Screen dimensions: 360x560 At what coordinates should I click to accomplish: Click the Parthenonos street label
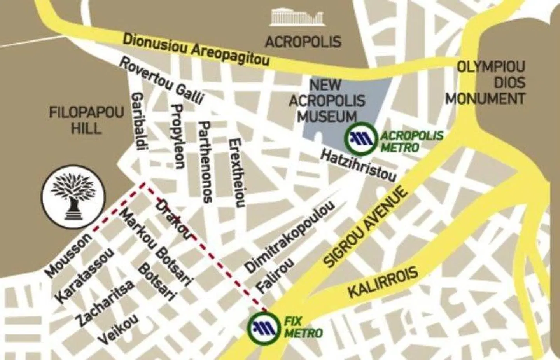pos(205,162)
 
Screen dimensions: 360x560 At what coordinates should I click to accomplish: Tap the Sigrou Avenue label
pos(366,227)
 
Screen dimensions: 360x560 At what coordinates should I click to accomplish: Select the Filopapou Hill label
pos(86,121)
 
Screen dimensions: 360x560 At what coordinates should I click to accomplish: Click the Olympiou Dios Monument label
pos(486,82)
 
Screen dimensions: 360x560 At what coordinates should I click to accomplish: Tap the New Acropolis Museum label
pos(327,100)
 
